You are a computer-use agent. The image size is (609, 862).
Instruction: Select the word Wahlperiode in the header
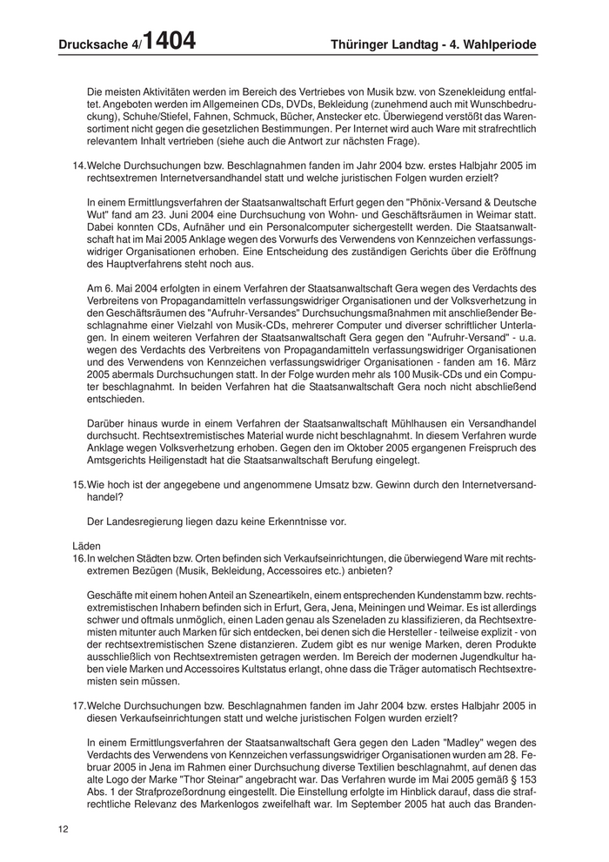click(x=491, y=44)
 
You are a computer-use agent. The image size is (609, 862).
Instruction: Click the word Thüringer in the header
click(x=365, y=44)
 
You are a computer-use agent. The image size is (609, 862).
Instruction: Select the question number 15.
click(x=78, y=482)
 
